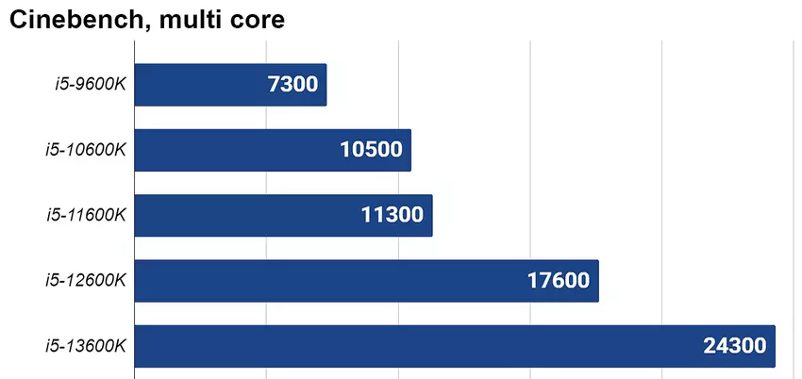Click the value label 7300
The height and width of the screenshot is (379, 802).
click(292, 85)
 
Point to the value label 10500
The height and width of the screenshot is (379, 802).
click(371, 150)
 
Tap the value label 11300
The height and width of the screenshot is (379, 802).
click(393, 215)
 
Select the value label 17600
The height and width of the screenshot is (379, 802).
click(559, 280)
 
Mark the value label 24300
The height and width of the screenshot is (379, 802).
click(735, 346)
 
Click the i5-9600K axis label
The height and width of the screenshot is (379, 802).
click(90, 85)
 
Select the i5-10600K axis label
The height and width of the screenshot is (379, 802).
click(86, 150)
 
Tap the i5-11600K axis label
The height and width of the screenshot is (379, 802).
click(86, 215)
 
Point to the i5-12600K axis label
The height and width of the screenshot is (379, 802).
click(86, 280)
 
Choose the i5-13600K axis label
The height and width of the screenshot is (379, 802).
click(86, 346)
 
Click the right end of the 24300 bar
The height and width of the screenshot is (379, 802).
click(774, 346)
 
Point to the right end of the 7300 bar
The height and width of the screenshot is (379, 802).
click(325, 85)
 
